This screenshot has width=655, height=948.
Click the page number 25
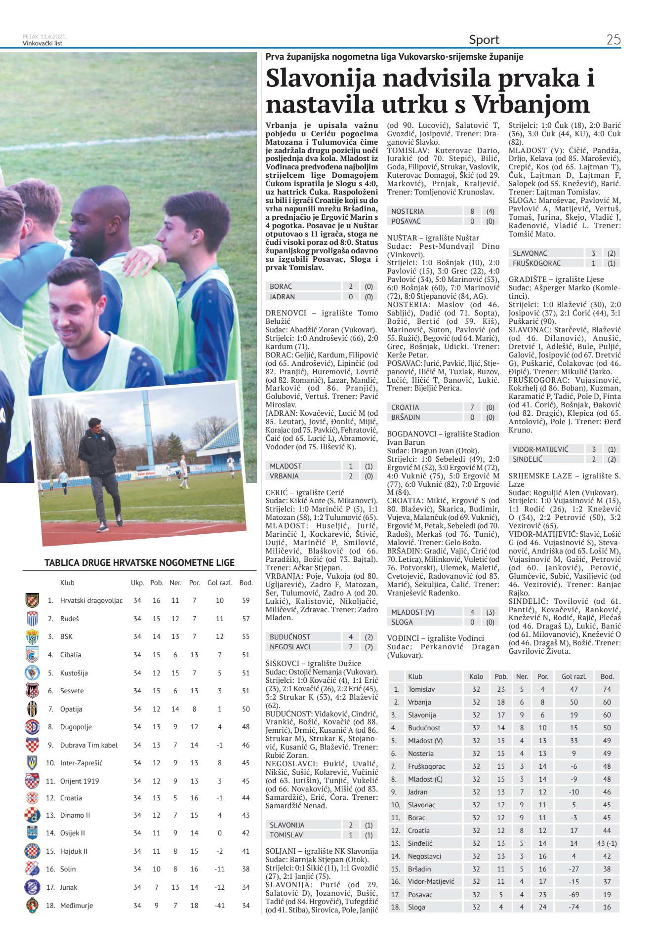tap(613, 39)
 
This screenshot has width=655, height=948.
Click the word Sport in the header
tap(484, 39)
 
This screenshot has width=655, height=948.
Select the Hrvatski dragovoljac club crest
tap(32, 600)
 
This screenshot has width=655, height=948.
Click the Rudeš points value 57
tap(246, 619)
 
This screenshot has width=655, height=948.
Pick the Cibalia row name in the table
tap(71, 655)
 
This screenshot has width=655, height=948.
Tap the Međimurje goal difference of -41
tap(220, 906)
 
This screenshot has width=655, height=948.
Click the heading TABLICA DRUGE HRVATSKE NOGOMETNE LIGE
tap(139, 562)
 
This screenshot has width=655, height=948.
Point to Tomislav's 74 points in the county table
tap(607, 689)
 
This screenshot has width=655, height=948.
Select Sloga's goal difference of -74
tap(573, 907)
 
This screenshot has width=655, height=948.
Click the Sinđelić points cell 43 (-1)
tap(607, 843)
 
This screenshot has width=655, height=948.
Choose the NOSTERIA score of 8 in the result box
tap(472, 211)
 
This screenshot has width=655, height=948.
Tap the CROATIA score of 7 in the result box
tap(472, 407)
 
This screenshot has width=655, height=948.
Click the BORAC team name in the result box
tap(281, 286)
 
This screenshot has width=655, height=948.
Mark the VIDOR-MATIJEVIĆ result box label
tap(540, 449)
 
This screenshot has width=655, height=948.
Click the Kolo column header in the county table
tap(476, 676)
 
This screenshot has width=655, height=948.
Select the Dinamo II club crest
tap(32, 815)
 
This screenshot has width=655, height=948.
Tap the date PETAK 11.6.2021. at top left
tap(44, 37)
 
